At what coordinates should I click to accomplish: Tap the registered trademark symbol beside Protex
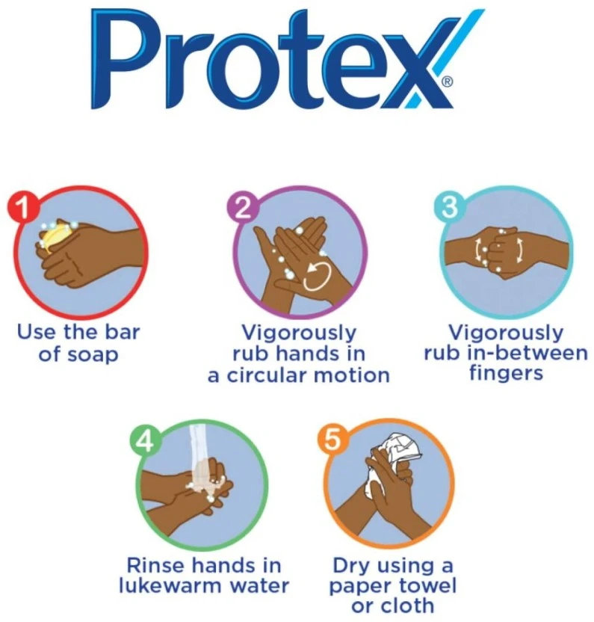pyautogui.click(x=447, y=82)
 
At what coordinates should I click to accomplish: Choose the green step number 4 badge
pyautogui.click(x=146, y=441)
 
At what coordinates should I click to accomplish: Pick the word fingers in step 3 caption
pyautogui.click(x=506, y=374)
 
